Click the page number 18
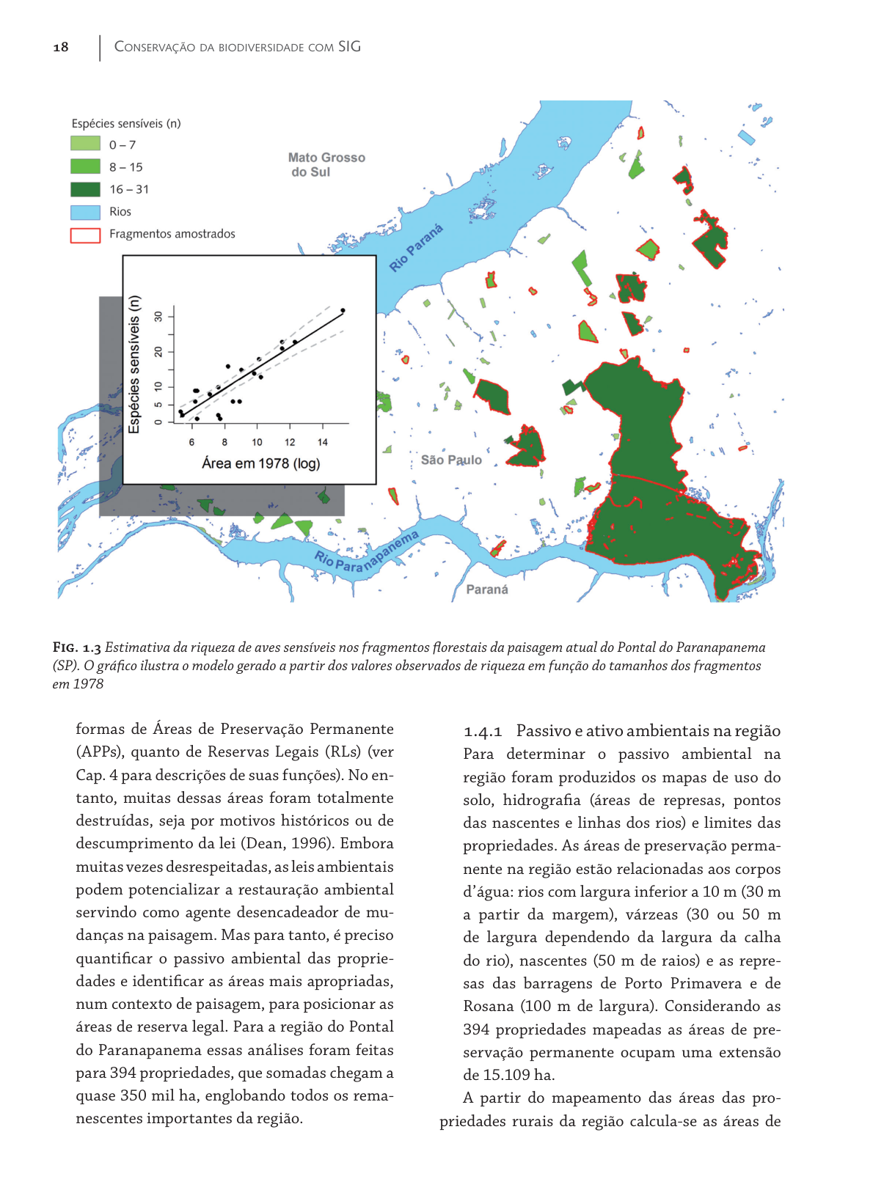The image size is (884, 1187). (x=61, y=47)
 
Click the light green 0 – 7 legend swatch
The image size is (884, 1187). (x=85, y=144)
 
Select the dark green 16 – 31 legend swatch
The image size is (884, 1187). (x=85, y=189)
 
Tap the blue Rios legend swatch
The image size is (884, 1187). (x=85, y=212)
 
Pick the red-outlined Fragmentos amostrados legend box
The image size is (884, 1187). (x=85, y=235)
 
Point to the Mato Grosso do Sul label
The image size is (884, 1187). (x=326, y=164)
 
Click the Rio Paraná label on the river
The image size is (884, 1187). (x=416, y=249)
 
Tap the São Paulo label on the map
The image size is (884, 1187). (x=451, y=460)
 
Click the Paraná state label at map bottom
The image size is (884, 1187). (x=487, y=589)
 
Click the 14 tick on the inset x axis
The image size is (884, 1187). (x=322, y=442)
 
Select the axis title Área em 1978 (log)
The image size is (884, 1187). (x=261, y=463)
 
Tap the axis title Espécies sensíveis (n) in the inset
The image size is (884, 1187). (x=134, y=364)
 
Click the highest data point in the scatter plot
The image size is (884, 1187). (x=343, y=311)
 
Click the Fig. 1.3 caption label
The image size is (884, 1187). (x=76, y=647)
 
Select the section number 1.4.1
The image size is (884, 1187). (x=483, y=732)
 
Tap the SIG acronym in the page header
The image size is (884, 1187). (x=349, y=47)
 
